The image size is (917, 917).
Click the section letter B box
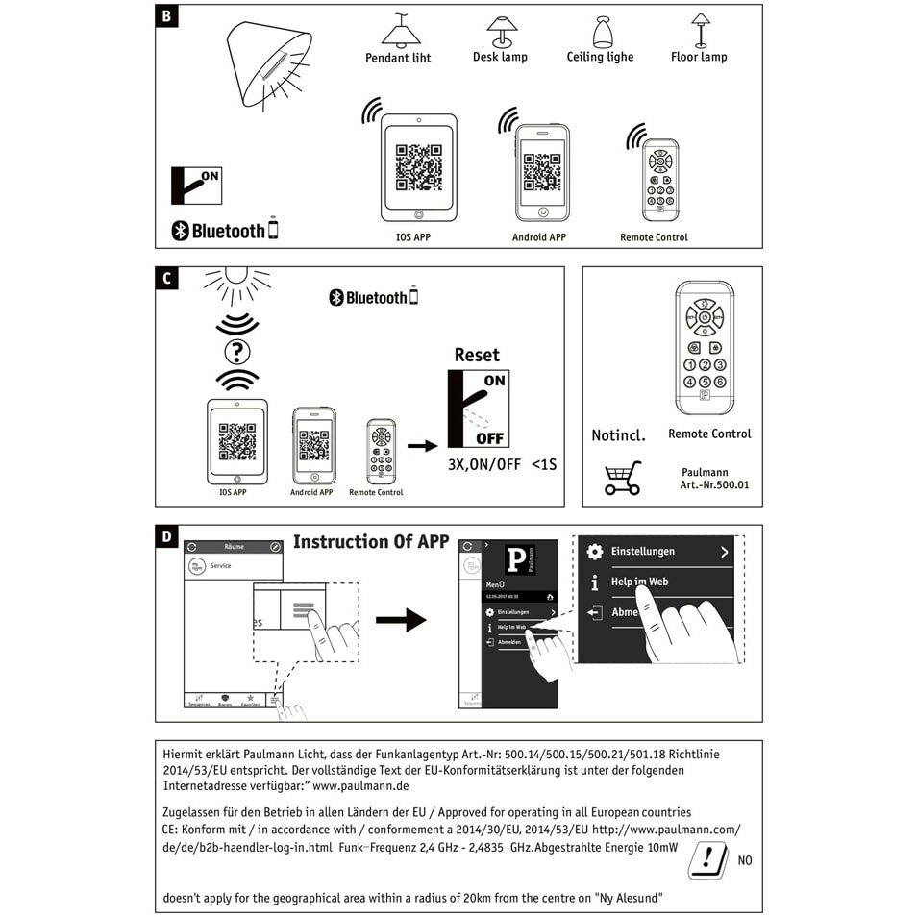pos(167,17)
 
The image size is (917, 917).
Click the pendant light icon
pos(401,31)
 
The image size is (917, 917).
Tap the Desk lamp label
pos(500,57)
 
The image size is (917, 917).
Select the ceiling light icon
pos(603,32)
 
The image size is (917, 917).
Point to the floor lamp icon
pos(700,29)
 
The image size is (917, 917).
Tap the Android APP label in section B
pos(538,237)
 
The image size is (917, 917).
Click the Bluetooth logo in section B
pos(180,231)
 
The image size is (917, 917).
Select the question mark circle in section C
pos(235,351)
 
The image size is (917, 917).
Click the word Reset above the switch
pos(477,355)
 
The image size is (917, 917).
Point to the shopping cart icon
pos(622,478)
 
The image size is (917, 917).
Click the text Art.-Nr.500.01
pos(714,485)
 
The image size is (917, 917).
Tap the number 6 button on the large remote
pos(720,382)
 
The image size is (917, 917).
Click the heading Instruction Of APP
pos(370,542)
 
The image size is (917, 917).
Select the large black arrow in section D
pos(400,620)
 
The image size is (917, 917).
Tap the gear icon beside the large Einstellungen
pos(595,552)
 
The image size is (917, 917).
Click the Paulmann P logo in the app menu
pos(517,560)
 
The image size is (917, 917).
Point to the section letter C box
pos(167,279)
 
